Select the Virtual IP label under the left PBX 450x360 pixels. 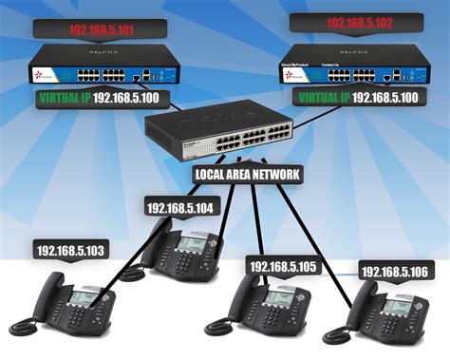pyautogui.click(x=99, y=97)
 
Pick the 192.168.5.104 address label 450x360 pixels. pyautogui.click(x=180, y=207)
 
